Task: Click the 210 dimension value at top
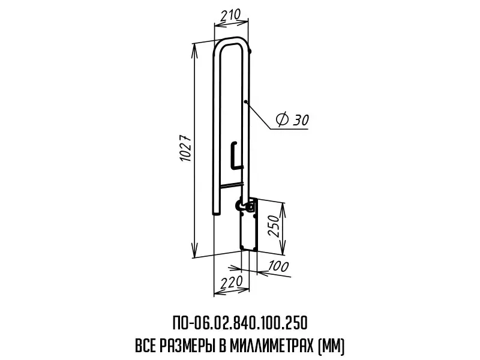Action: tap(231, 15)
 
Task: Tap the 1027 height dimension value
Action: tap(185, 148)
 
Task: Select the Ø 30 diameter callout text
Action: tap(292, 119)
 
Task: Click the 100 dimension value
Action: tap(278, 266)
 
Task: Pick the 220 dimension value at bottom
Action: tap(232, 281)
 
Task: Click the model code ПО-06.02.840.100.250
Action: tap(239, 323)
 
